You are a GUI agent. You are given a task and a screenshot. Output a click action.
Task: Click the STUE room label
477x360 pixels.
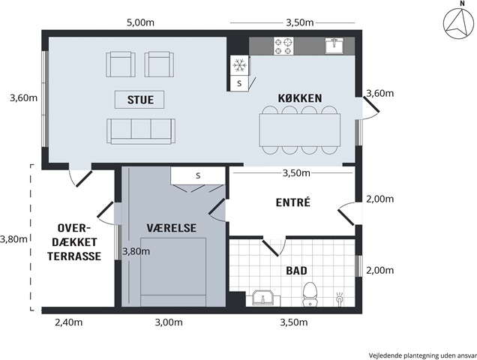pos(140,100)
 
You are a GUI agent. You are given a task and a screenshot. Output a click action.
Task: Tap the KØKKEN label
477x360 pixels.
pos(300,98)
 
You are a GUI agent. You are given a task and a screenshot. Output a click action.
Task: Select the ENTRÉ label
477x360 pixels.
pos(293,202)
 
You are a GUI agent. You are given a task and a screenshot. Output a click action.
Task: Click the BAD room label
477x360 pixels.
pos(296,271)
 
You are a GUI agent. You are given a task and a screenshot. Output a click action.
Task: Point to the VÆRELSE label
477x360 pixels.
pos(172,228)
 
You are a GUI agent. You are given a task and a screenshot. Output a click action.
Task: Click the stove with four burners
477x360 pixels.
pos(283,46)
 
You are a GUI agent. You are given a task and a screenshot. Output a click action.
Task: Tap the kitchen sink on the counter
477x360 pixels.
pos(334,46)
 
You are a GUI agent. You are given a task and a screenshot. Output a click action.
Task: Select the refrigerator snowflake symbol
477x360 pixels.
pos(240,65)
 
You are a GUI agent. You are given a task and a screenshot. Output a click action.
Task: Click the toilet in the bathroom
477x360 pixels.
pos(310,294)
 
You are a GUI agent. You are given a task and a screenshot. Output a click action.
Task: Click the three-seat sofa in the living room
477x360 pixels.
pos(141,131)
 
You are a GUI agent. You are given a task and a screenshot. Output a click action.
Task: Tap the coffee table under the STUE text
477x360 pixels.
pos(139,100)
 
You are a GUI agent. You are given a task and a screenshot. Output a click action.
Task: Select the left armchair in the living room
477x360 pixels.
pos(121,64)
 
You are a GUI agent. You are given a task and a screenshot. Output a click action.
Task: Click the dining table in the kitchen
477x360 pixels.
pos(300,130)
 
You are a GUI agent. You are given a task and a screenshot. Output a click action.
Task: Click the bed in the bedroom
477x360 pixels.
pos(173,272)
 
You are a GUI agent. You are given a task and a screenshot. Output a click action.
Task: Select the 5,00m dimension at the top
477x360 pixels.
pos(140,22)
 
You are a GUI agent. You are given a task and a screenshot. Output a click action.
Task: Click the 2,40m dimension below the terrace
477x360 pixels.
pos(69,322)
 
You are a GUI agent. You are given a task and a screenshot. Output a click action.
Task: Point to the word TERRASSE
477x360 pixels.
pos(74,256)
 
